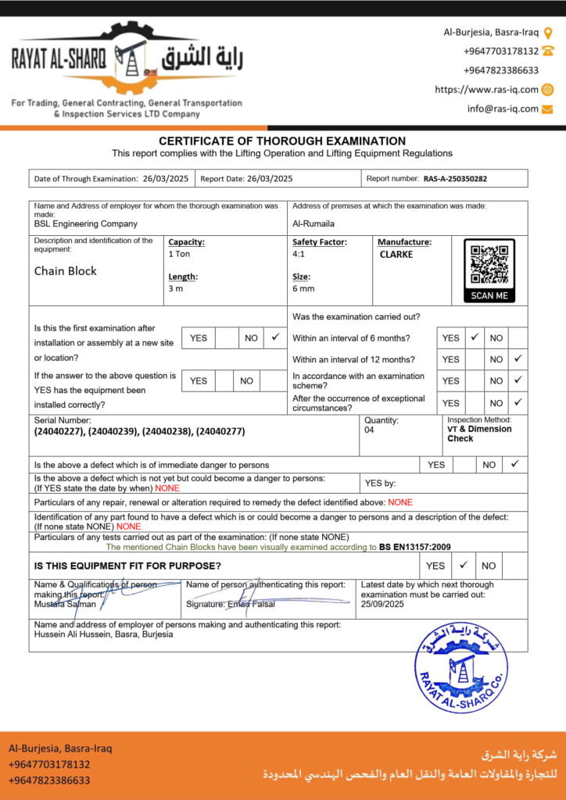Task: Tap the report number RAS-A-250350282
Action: (455, 179)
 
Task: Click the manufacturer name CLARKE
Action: (396, 255)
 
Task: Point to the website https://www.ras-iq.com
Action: (486, 90)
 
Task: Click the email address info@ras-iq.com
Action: (503, 109)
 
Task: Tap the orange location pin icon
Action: (548, 33)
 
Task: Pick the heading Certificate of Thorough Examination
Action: (282, 141)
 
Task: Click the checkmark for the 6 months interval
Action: (475, 337)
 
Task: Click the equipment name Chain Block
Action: (66, 271)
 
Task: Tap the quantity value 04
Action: (370, 430)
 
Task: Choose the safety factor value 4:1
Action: (299, 255)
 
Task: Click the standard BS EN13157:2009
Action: (415, 547)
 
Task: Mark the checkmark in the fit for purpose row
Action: (463, 565)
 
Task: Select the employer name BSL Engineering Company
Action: (86, 224)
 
